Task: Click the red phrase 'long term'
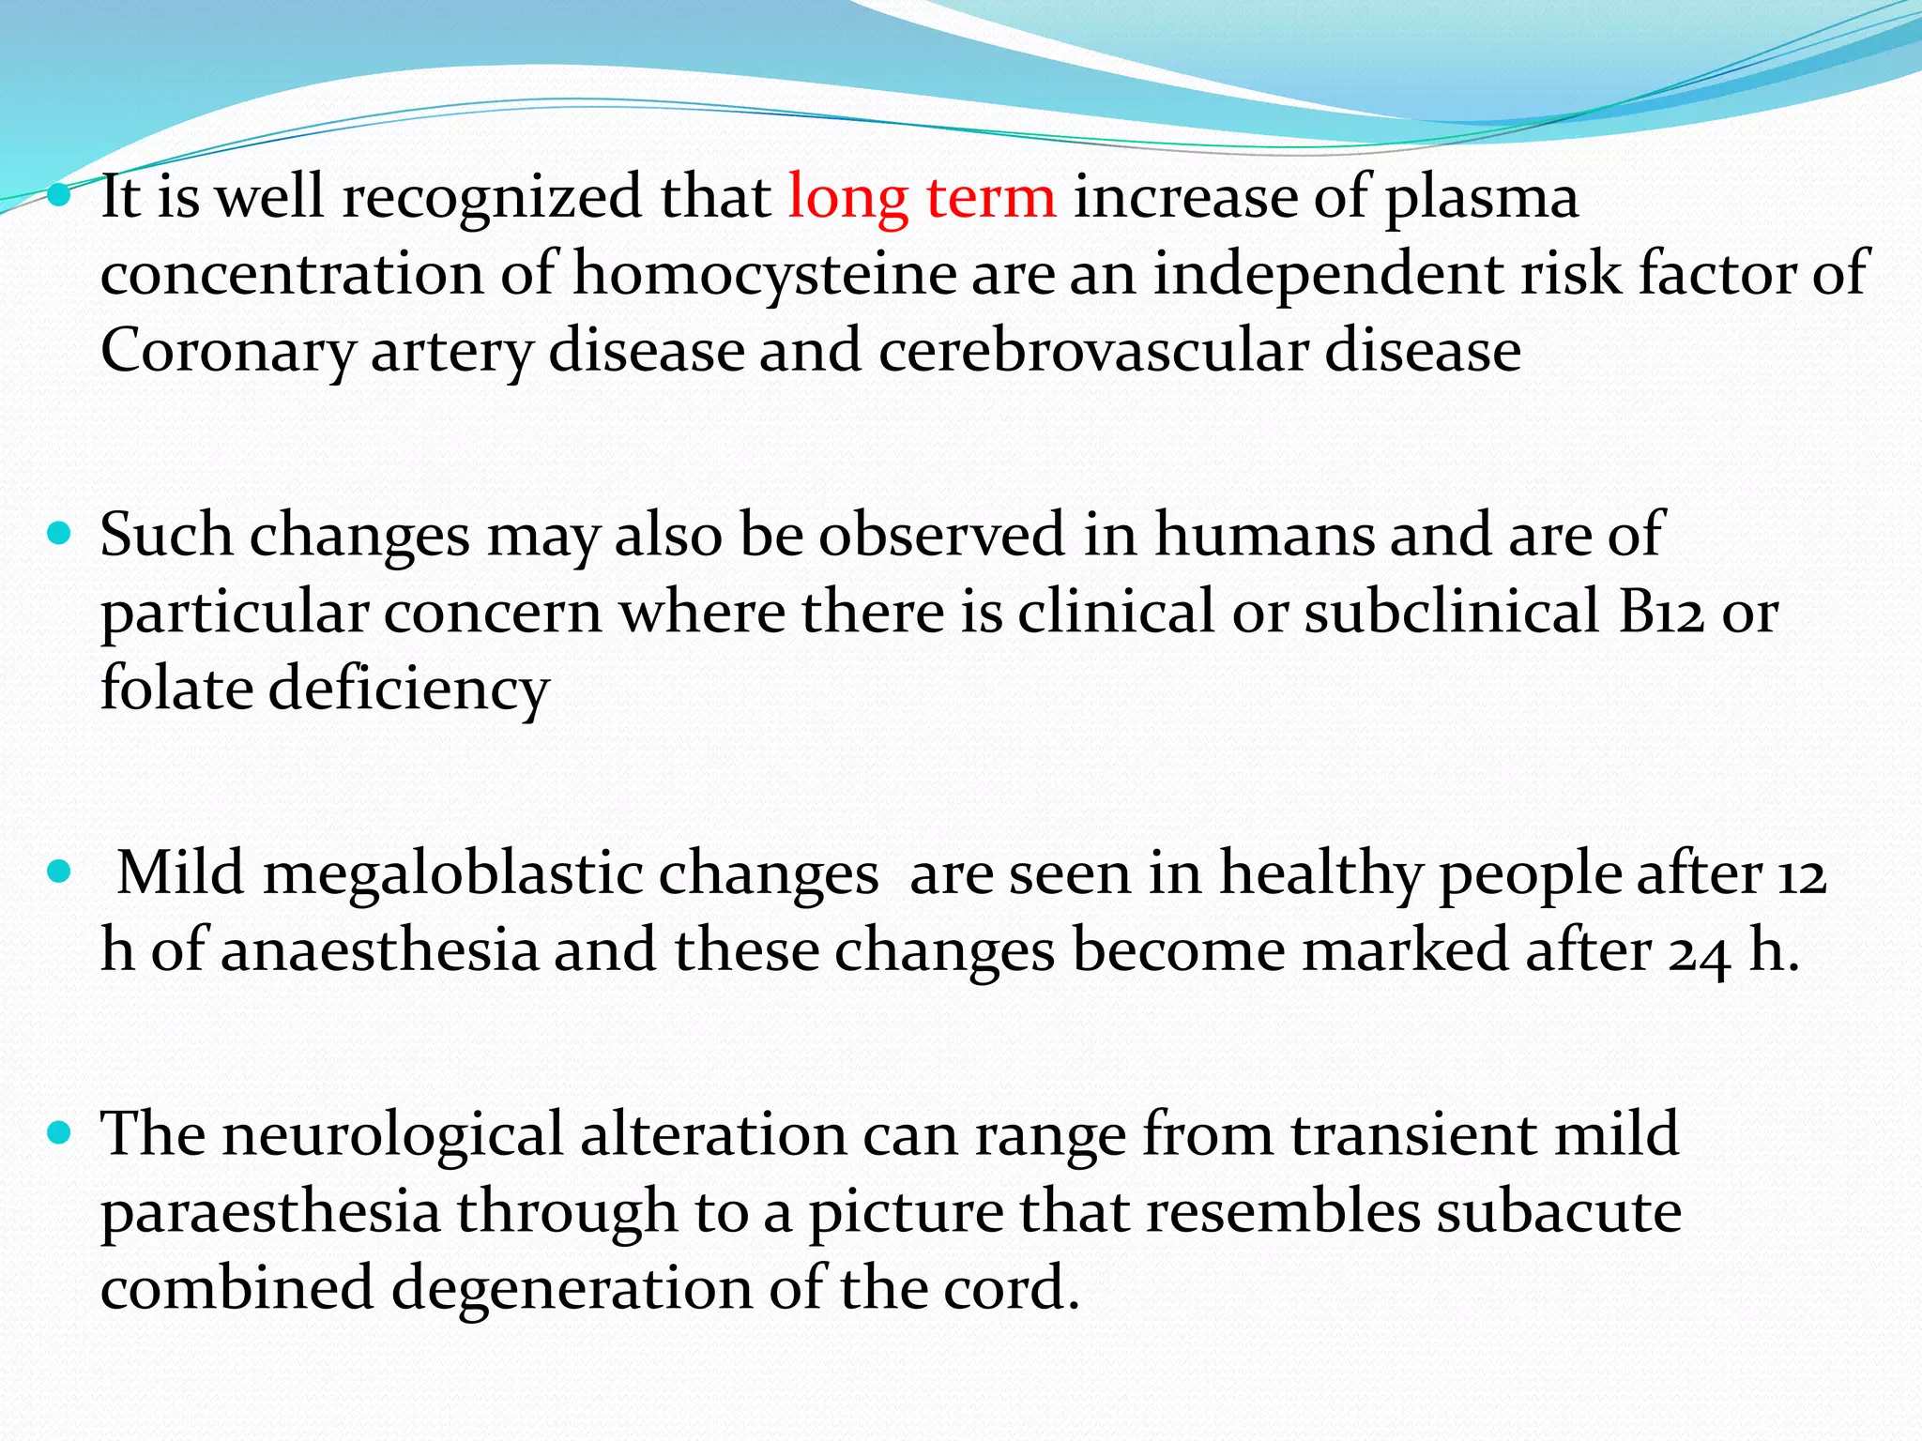pos(922,199)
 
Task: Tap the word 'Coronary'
pos(228,352)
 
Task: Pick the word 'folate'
pos(176,688)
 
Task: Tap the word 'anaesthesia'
pos(379,950)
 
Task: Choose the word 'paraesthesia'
pos(270,1212)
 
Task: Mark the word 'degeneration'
pos(572,1288)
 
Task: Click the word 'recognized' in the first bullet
pos(491,199)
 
